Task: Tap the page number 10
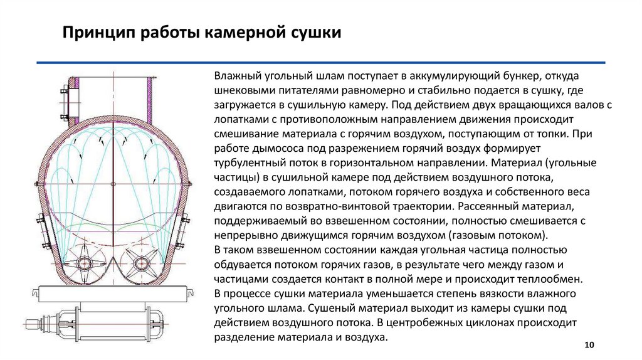(x=588, y=346)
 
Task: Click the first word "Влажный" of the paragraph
(x=234, y=77)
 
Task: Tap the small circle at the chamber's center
(x=113, y=183)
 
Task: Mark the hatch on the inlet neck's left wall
(x=69, y=98)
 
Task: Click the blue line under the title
(x=320, y=63)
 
